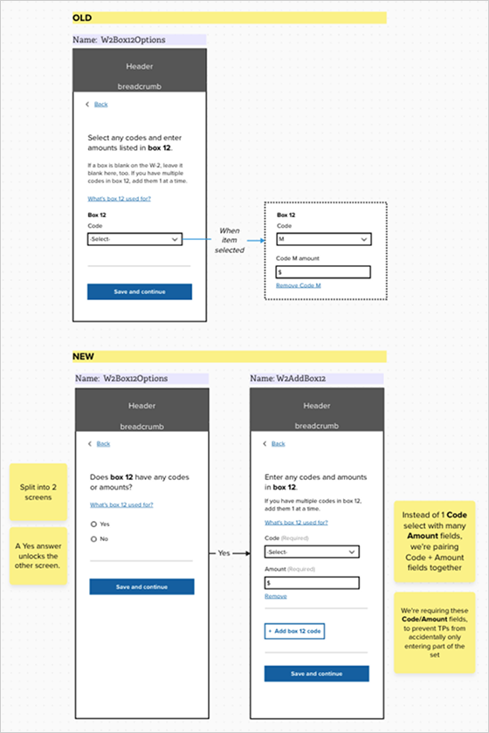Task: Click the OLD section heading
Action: (x=83, y=17)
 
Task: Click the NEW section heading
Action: (x=84, y=356)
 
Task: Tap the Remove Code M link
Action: (x=299, y=285)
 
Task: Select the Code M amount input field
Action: (x=323, y=271)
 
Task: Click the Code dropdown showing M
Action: (x=323, y=238)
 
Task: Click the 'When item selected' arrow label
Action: (x=229, y=240)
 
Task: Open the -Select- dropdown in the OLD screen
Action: (x=134, y=238)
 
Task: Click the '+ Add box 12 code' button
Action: (x=294, y=630)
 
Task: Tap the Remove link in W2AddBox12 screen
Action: (x=276, y=596)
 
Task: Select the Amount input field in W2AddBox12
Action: (x=311, y=582)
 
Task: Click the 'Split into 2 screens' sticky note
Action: (x=38, y=491)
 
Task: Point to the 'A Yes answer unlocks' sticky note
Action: (x=38, y=556)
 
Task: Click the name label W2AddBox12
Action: (x=288, y=379)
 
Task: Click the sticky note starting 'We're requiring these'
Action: (x=433, y=630)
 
